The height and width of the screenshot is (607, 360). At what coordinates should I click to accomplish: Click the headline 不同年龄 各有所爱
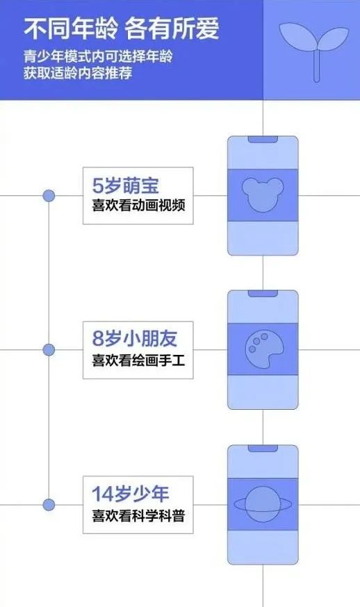click(122, 28)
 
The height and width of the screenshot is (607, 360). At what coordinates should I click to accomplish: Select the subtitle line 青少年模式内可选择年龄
click(98, 57)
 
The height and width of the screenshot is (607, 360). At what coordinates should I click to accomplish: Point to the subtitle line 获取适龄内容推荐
click(78, 73)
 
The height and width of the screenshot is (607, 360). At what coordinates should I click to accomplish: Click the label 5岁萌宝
click(126, 185)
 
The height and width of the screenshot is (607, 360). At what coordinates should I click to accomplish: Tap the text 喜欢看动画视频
click(138, 205)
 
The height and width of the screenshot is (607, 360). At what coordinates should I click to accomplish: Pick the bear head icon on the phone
click(263, 194)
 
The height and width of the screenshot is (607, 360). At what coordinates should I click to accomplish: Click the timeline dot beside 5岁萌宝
click(49, 195)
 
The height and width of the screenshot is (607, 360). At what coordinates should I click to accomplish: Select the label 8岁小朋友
click(135, 339)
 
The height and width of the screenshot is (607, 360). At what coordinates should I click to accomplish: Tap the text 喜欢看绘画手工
click(138, 360)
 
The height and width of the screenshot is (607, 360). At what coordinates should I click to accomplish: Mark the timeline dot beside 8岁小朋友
click(49, 350)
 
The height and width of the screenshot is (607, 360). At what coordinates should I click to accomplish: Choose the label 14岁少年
click(130, 494)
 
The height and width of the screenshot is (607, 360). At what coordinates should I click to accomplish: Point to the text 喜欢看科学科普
click(138, 515)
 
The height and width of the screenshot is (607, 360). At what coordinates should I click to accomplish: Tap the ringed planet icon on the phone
click(262, 504)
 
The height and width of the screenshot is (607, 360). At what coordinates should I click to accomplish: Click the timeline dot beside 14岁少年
click(49, 505)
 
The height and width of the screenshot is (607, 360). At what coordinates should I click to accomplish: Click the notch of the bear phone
click(263, 139)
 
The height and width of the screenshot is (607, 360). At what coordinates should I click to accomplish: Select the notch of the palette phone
click(263, 294)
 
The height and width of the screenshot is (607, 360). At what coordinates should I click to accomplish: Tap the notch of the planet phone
click(263, 448)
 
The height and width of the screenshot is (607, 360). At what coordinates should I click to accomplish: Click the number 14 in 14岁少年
click(103, 494)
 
